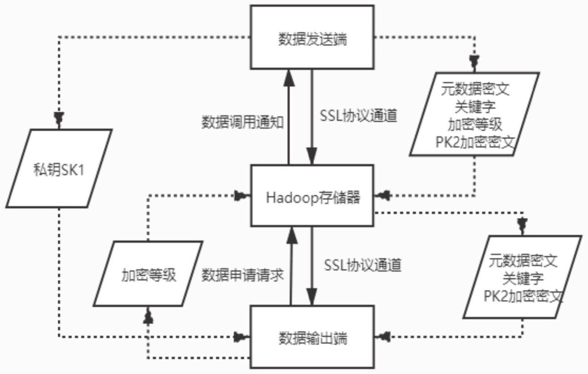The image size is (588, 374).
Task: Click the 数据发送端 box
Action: click(312, 39)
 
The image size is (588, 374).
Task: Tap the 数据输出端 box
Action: click(312, 338)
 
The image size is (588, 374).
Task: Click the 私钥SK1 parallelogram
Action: click(59, 168)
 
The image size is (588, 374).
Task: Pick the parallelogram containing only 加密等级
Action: click(148, 274)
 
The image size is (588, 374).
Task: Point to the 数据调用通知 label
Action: click(242, 122)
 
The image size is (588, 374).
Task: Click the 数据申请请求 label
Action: click(242, 275)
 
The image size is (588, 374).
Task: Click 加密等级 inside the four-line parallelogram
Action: click(475, 125)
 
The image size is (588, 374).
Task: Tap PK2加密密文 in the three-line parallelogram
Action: click(524, 295)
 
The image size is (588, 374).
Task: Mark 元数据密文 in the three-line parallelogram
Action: click(524, 261)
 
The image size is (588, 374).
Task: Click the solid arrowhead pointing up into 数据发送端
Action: click(288, 76)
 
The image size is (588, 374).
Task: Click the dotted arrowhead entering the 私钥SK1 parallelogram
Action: click(59, 120)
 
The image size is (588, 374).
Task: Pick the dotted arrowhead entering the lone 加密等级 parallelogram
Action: click(147, 314)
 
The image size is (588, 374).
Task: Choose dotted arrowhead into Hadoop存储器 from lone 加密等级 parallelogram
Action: click(242, 197)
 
